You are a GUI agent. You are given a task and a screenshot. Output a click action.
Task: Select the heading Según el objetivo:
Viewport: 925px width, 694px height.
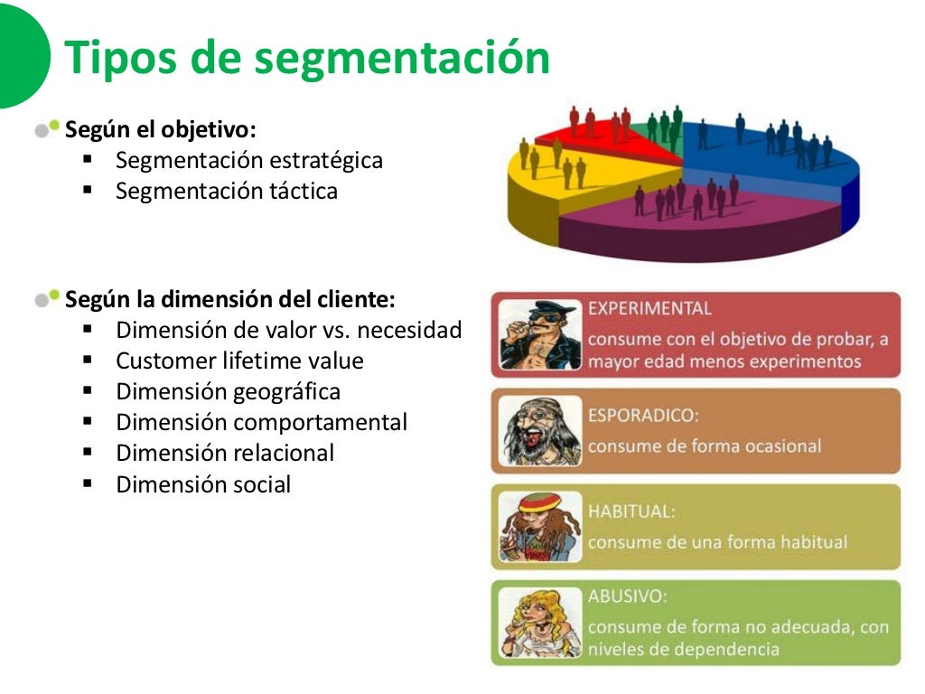tap(161, 129)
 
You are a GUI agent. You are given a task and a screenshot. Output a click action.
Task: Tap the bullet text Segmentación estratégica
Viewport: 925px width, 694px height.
tap(248, 161)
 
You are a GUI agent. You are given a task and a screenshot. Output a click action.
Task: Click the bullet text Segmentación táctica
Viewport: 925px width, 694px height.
tap(226, 192)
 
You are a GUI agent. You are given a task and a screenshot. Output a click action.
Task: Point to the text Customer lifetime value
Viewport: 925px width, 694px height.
tap(239, 361)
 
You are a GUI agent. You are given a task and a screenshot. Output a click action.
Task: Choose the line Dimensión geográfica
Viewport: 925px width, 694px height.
tap(228, 392)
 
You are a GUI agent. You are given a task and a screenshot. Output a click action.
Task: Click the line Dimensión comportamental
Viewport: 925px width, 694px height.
tap(261, 423)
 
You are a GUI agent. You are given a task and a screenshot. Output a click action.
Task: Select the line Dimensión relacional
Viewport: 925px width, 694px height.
tap(225, 454)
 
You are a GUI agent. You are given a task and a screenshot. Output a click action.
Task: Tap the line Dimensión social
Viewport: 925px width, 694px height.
tap(203, 484)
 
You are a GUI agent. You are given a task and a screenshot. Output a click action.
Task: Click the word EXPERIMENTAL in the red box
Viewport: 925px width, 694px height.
tap(649, 308)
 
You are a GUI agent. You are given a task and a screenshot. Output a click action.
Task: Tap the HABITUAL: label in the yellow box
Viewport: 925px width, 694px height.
tap(631, 511)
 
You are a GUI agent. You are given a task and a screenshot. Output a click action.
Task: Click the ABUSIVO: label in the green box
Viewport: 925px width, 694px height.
tap(627, 596)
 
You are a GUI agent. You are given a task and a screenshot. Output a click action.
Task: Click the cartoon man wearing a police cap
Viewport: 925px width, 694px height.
tap(539, 334)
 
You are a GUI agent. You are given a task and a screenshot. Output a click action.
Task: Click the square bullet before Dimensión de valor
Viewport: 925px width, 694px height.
tap(88, 329)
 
